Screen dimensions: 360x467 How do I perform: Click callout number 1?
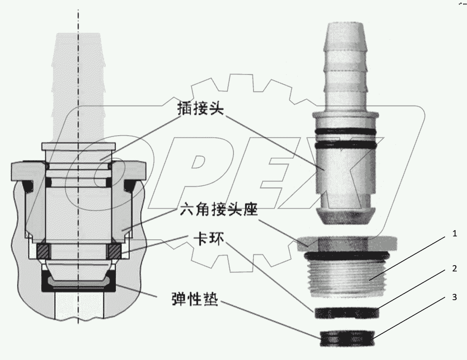click(x=454, y=234)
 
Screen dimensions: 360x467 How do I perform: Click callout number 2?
click(x=454, y=269)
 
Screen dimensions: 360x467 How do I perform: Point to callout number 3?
click(x=454, y=298)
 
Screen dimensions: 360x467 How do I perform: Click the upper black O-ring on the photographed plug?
click(x=346, y=131)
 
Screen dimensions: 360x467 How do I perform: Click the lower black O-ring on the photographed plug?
click(x=346, y=145)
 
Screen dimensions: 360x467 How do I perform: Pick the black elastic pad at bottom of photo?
click(x=346, y=338)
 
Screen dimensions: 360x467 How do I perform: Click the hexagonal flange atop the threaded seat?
click(x=346, y=242)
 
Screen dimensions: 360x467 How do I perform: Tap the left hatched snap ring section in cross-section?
click(x=42, y=252)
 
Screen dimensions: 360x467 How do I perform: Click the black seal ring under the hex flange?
click(x=346, y=255)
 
